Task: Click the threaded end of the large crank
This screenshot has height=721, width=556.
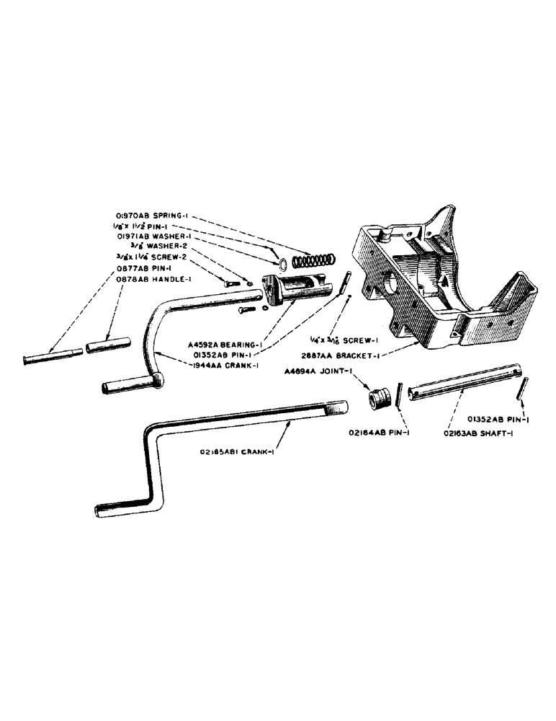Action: coord(334,412)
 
